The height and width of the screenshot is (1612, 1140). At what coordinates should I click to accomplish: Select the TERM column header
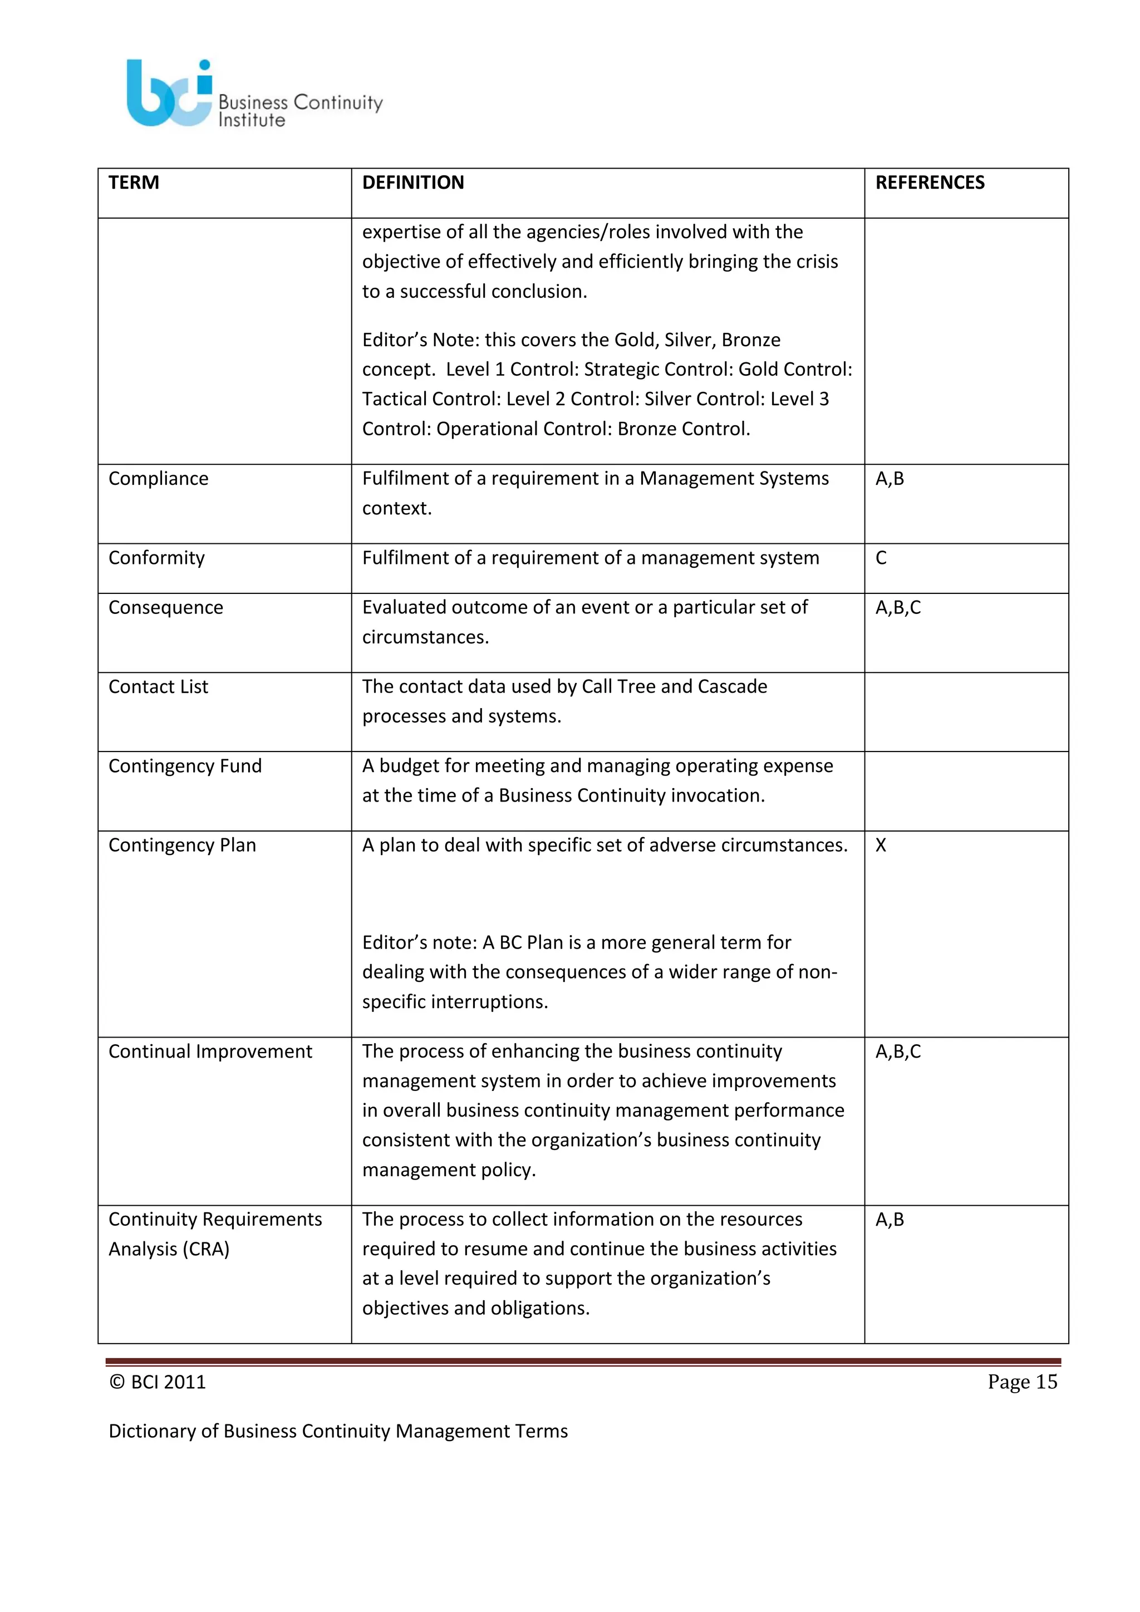pyautogui.click(x=134, y=183)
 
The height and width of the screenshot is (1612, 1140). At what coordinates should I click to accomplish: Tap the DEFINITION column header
pyautogui.click(x=413, y=183)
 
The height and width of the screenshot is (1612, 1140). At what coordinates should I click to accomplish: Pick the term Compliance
pyautogui.click(x=158, y=479)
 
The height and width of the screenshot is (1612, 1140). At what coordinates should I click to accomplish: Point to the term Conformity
pyautogui.click(x=156, y=558)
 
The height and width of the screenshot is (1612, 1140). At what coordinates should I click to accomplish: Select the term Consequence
pyautogui.click(x=166, y=608)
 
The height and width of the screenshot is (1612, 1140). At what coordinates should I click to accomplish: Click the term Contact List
pyautogui.click(x=158, y=687)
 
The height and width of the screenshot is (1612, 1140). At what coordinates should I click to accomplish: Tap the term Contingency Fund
pyautogui.click(x=185, y=766)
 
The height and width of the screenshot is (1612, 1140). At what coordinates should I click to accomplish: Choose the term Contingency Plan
pyautogui.click(x=182, y=846)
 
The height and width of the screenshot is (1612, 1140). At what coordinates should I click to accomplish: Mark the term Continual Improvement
pyautogui.click(x=210, y=1051)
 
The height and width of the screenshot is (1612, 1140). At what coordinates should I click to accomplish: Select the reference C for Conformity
pyautogui.click(x=881, y=558)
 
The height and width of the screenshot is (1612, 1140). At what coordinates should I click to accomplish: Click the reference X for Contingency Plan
pyautogui.click(x=881, y=846)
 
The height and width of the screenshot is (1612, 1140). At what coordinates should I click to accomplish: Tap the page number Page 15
pyautogui.click(x=1021, y=1382)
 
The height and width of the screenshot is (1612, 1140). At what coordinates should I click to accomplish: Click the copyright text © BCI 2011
pyautogui.click(x=157, y=1382)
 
